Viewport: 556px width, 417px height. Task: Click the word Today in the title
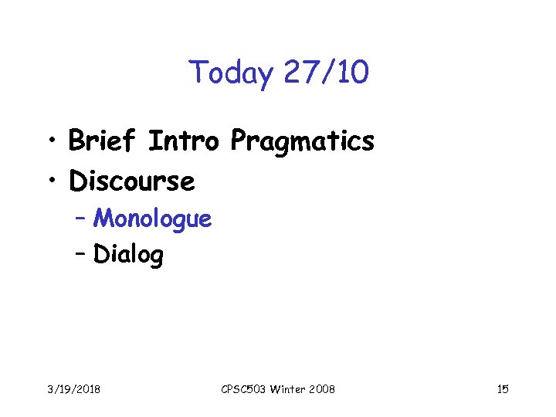231,73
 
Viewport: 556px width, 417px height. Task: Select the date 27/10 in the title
326,73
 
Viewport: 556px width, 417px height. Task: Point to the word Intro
185,141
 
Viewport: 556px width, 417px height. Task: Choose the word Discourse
131,181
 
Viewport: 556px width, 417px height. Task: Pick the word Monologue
152,219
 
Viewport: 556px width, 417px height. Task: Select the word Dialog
128,254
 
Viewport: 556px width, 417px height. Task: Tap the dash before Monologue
81,219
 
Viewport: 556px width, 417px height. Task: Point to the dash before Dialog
81,253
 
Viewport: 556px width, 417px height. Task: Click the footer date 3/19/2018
74,389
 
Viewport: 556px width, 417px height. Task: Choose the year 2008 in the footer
322,389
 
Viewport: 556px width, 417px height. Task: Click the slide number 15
503,389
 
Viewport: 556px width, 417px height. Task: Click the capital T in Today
197,73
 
